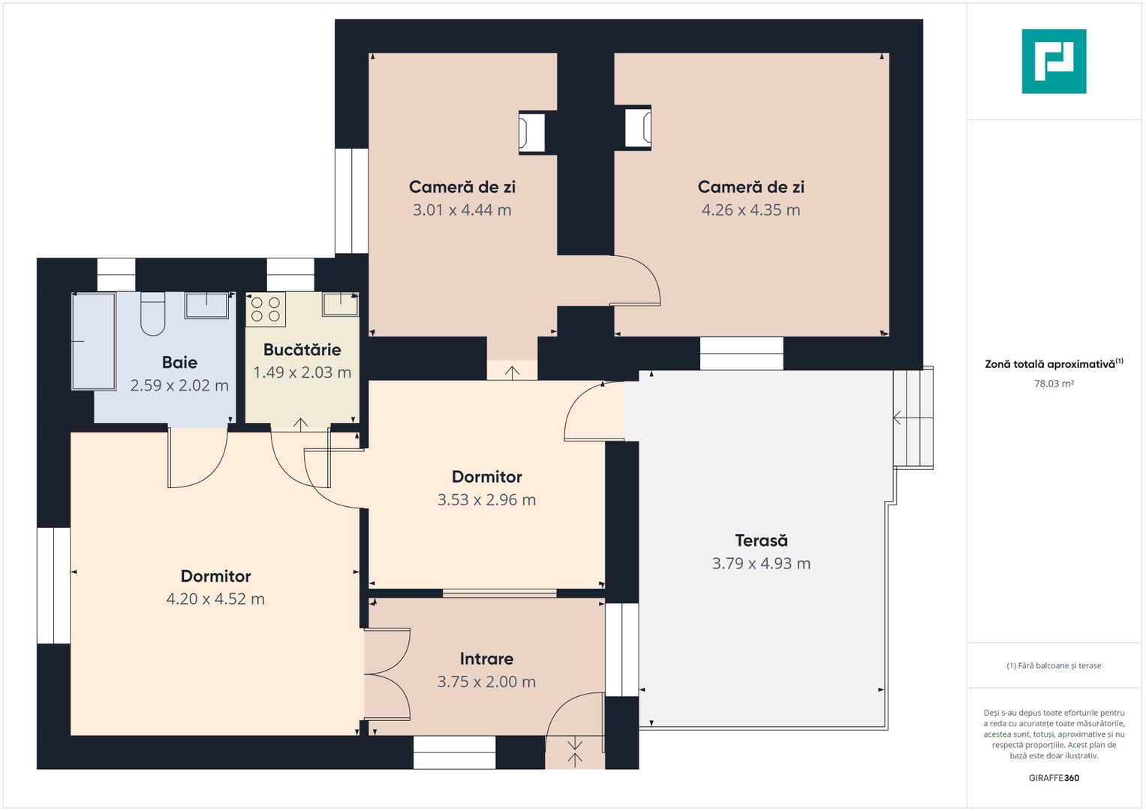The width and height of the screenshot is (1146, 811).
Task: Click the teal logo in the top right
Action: pyautogui.click(x=1054, y=62)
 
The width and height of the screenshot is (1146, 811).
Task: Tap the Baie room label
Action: pyautogui.click(x=179, y=363)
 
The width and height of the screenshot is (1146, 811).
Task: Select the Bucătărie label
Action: pyautogui.click(x=302, y=350)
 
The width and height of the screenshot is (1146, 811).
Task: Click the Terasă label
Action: pyautogui.click(x=761, y=540)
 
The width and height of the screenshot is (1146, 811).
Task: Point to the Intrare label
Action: pyautogui.click(x=486, y=659)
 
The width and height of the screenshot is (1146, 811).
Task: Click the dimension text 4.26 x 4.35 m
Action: pyautogui.click(x=750, y=210)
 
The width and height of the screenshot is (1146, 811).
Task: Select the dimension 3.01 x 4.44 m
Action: pyautogui.click(x=462, y=210)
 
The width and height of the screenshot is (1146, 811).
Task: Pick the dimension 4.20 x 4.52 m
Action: pyautogui.click(x=215, y=598)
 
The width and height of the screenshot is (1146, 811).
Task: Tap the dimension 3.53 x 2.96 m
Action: pyautogui.click(x=486, y=499)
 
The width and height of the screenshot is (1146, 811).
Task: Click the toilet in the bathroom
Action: pyautogui.click(x=153, y=314)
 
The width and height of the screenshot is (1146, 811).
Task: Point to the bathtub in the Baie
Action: pyautogui.click(x=93, y=341)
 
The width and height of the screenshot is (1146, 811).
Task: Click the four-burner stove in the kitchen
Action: pyautogui.click(x=266, y=309)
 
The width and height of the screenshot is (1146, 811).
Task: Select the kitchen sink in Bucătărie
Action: pyautogui.click(x=340, y=304)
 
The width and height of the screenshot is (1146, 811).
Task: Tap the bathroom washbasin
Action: pyautogui.click(x=206, y=305)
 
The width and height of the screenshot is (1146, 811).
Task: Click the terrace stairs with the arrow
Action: pyautogui.click(x=913, y=418)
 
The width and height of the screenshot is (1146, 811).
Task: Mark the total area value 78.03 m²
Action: pyautogui.click(x=1054, y=384)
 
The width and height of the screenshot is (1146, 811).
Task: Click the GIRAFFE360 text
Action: pyautogui.click(x=1054, y=778)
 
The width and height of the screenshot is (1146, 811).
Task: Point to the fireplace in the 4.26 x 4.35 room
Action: pyautogui.click(x=637, y=128)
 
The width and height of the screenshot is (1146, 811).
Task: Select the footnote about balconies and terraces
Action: pyautogui.click(x=1054, y=665)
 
